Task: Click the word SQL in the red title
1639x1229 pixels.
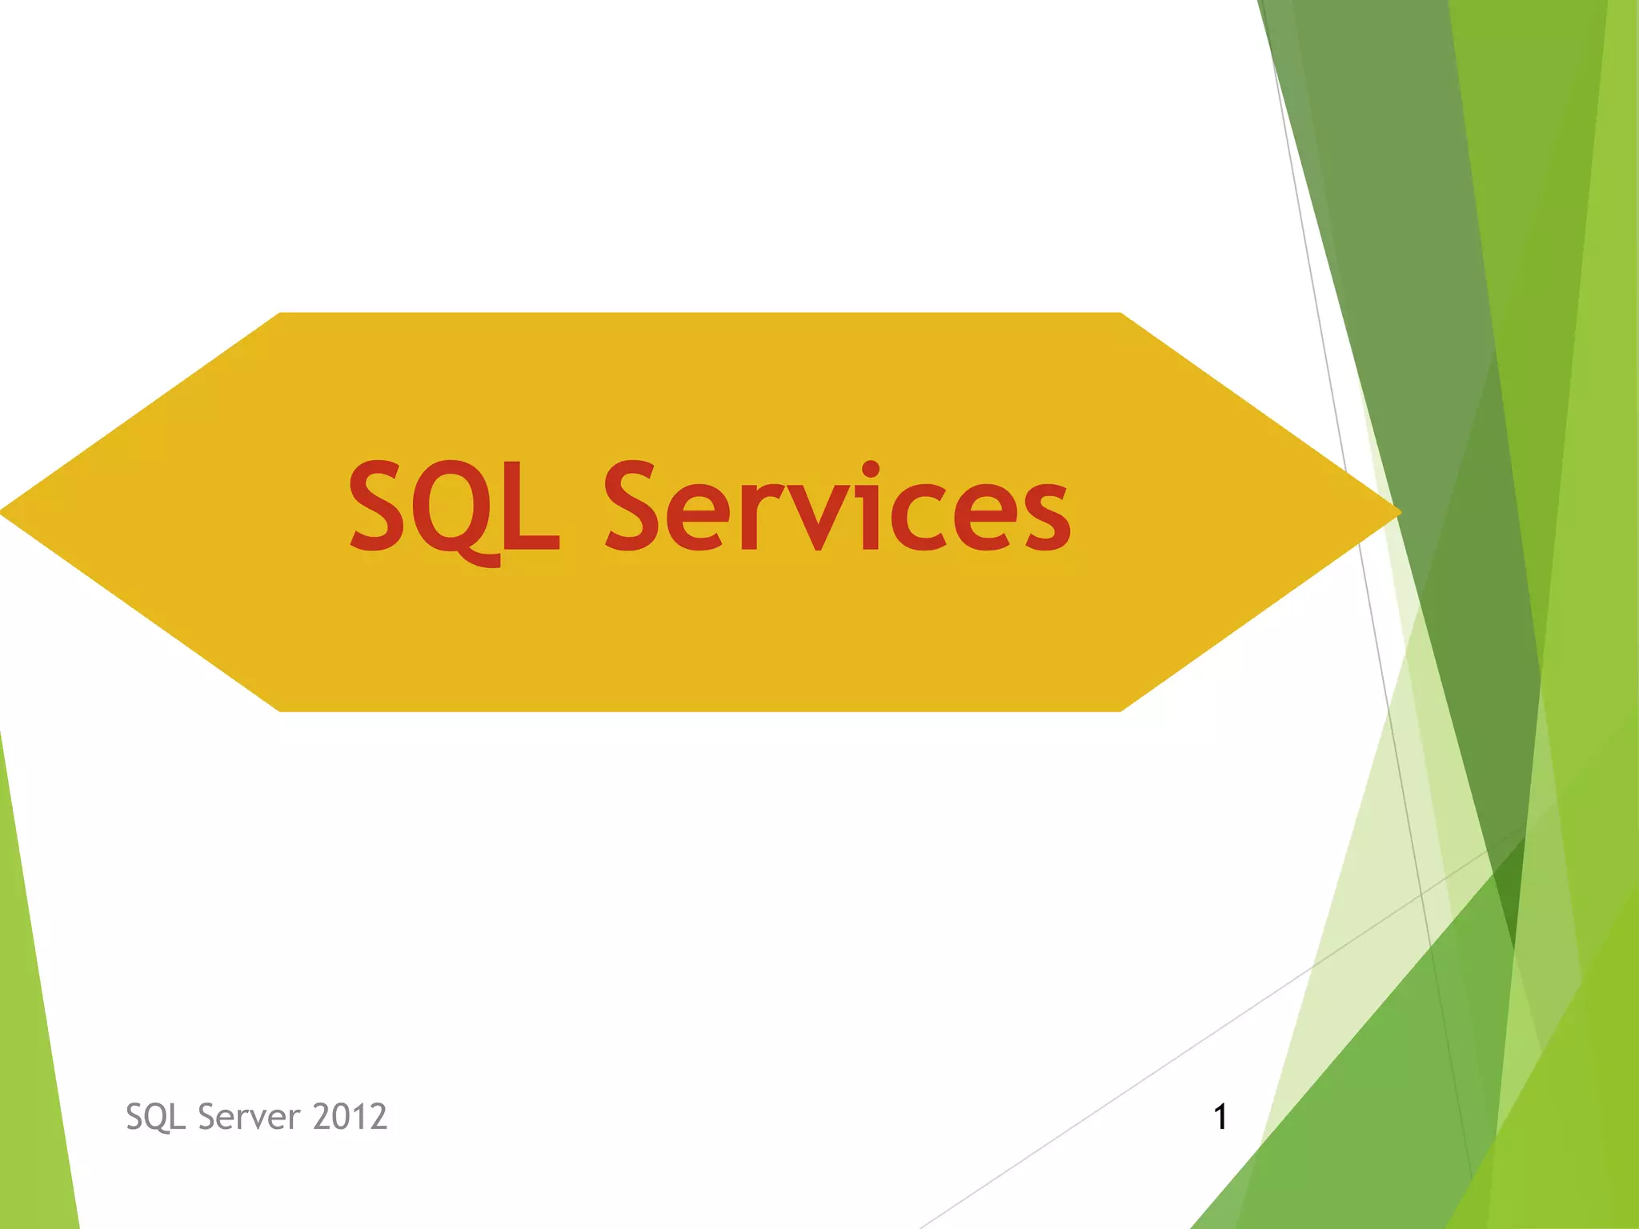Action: (x=454, y=508)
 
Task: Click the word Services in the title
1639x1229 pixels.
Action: (x=836, y=508)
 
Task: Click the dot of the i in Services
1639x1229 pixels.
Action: (x=871, y=470)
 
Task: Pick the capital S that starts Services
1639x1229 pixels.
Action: (x=639, y=506)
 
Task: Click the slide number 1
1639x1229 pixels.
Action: (x=1220, y=1117)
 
